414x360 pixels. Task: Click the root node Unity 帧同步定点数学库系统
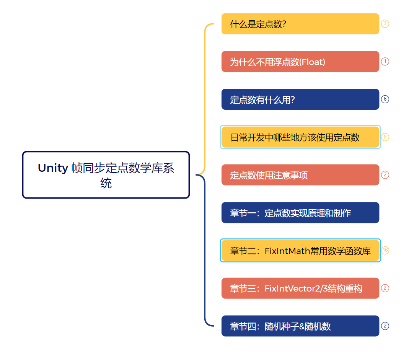pos(106,175)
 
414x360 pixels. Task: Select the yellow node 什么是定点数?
pos(300,24)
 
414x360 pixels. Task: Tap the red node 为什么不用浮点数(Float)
pos(300,62)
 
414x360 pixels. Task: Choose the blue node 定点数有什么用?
pos(300,99)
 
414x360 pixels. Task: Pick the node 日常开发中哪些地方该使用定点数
pos(300,137)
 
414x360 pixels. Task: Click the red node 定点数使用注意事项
pos(300,175)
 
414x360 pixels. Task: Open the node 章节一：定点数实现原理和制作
pos(300,212)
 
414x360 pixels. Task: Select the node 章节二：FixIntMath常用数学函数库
pos(300,250)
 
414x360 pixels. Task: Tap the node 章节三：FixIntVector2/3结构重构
pos(300,288)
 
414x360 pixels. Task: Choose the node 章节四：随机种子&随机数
pos(300,326)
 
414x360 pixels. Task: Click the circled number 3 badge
pos(385,24)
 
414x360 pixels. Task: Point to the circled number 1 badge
pos(385,62)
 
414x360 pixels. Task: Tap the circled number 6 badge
pos(385,99)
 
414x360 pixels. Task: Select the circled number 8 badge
pos(385,137)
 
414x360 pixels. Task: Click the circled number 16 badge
pos(385,250)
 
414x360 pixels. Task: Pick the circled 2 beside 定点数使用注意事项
pos(385,175)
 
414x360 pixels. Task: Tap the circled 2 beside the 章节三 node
pos(385,288)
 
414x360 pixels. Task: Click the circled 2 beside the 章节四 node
pos(385,326)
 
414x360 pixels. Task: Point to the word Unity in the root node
pos(53,168)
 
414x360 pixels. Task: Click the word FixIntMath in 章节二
pos(287,251)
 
